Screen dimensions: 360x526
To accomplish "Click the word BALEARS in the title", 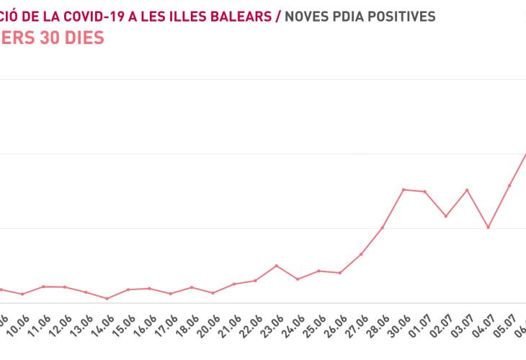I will click(240, 16).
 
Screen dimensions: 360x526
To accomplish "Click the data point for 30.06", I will click(404, 189).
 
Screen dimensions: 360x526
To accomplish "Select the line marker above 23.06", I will click(277, 266).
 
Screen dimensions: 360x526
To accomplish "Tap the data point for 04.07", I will click(489, 228).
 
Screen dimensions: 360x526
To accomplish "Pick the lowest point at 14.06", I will click(107, 298).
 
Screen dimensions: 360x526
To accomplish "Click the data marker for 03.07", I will click(467, 190).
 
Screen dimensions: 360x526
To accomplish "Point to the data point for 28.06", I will click(383, 228).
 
